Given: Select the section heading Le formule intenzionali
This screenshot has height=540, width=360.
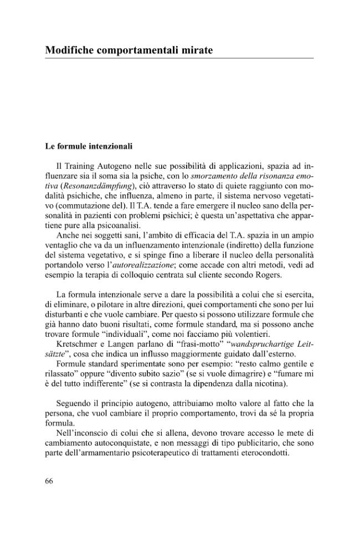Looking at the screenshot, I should click(89, 147).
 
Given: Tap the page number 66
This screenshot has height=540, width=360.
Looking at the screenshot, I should click(49, 480).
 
